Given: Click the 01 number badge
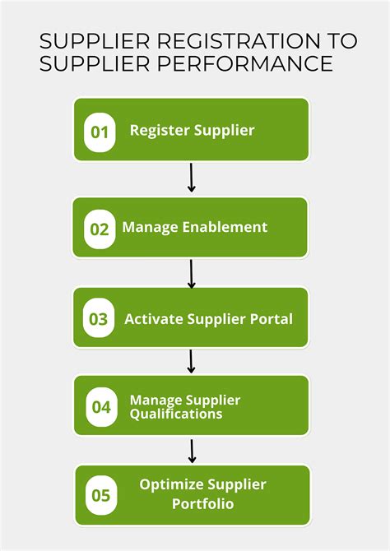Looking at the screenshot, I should point(100,132).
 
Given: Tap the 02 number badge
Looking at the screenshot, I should point(100,229).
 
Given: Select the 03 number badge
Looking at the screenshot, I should point(99,319).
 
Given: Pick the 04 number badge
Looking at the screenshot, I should point(101,406).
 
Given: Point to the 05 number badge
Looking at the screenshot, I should point(101,495).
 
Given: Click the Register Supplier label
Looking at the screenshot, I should point(192,130).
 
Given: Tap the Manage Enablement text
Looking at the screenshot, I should point(195,227).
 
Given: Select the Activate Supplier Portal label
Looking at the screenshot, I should point(208,318).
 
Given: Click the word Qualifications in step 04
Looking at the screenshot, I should point(175,414).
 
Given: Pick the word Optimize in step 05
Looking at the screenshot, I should point(169,484).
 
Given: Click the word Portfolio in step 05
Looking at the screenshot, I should point(202,503).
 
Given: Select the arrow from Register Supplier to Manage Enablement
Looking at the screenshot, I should point(192,178).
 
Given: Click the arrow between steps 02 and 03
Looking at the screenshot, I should point(192,274).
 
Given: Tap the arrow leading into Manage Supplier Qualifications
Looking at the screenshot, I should point(192,361).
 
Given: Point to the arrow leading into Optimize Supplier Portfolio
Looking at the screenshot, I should point(192,451).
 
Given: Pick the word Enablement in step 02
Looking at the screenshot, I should point(225,227).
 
